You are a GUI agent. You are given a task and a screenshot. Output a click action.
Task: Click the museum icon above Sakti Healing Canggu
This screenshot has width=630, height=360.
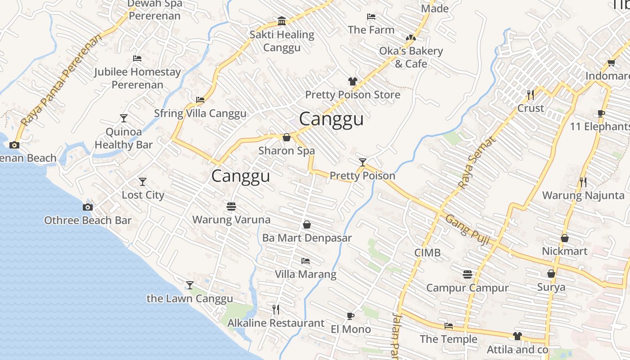tap(282, 21)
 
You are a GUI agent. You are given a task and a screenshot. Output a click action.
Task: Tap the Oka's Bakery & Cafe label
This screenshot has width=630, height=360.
tap(411, 57)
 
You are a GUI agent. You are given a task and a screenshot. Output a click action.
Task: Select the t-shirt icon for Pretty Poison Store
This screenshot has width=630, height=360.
tap(352, 81)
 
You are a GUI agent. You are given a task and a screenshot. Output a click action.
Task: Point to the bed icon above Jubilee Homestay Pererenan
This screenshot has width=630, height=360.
tap(137, 58)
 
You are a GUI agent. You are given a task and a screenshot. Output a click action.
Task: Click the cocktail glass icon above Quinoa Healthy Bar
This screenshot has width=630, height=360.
tap(124, 118)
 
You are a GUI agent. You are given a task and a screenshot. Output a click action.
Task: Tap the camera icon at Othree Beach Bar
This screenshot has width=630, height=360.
tap(88, 207)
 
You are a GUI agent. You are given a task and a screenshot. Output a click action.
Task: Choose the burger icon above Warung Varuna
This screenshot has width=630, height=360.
tap(231, 206)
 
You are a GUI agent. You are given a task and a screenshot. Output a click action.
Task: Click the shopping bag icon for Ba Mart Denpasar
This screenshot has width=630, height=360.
tap(307, 224)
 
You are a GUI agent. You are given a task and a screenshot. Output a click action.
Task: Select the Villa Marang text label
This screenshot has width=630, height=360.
tap(306, 274)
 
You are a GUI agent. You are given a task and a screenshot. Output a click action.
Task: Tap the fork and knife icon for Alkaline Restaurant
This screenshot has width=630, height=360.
tap(276, 309)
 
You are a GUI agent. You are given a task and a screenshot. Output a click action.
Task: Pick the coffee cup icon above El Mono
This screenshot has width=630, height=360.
tap(351, 316)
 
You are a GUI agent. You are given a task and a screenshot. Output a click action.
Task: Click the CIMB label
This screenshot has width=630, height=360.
tap(427, 253)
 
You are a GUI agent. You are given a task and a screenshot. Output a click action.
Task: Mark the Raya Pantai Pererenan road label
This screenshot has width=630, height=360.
tap(61, 80)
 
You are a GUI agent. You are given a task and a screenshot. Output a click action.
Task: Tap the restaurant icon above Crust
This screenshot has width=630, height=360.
tap(531, 94)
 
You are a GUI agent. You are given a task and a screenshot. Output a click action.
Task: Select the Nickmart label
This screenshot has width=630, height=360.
tap(565, 251)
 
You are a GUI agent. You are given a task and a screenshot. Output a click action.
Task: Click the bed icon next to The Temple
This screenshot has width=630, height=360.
tap(448, 326)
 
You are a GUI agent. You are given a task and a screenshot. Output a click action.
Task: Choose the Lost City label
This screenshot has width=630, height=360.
tap(143, 195)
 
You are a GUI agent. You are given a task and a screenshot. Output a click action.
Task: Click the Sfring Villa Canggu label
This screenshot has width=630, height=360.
tap(200, 113)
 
